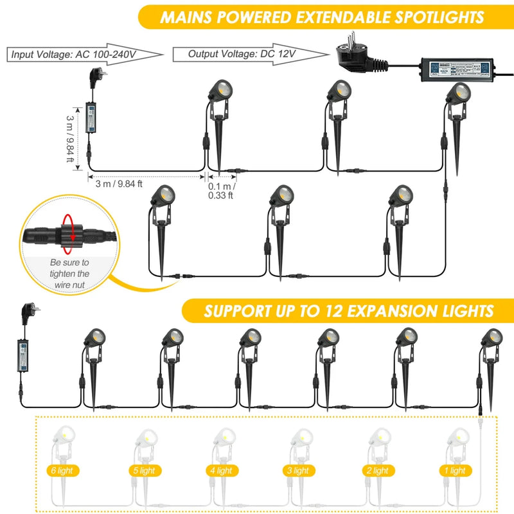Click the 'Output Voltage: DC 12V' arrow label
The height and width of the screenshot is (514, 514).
[241, 54]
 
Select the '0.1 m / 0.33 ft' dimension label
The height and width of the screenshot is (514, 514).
[221, 191]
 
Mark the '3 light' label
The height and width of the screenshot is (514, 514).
[297, 471]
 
